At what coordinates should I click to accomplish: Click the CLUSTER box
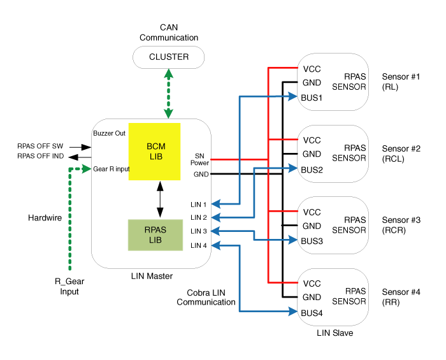168,57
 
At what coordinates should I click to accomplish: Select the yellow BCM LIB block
154,152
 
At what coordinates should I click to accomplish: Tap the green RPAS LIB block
155,235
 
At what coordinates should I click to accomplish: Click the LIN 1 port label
198,205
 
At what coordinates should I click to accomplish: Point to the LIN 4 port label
199,245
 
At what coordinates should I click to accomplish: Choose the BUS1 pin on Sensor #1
312,98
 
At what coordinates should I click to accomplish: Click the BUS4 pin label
312,313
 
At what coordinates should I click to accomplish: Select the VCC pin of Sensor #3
312,212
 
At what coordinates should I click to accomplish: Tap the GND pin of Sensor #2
312,154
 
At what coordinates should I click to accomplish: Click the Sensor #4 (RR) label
401,297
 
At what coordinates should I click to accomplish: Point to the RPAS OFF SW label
40,146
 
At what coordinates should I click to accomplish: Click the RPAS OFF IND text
40,156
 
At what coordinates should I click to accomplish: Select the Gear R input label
111,169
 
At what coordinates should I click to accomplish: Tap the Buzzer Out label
109,133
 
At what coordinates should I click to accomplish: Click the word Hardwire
45,218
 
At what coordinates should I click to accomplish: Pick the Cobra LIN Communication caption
206,298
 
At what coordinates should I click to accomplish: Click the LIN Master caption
152,276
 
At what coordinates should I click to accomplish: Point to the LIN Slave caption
334,333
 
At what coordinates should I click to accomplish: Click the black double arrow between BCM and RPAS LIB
160,199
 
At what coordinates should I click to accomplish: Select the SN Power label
199,159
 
